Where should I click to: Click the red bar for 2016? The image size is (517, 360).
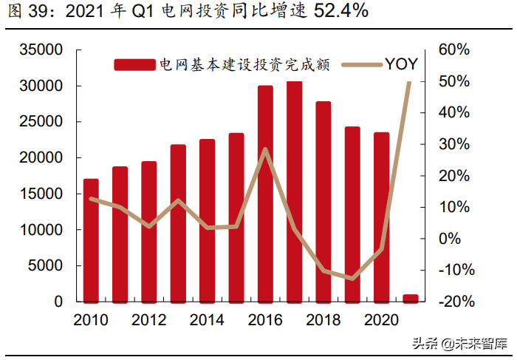(265, 194)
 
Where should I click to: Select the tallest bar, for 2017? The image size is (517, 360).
(294, 191)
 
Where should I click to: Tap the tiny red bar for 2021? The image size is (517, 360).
(410, 298)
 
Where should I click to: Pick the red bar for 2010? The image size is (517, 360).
(91, 240)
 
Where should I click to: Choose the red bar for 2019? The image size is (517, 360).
(352, 214)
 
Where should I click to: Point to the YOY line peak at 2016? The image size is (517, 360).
(265, 149)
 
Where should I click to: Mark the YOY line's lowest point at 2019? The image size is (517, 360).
(352, 279)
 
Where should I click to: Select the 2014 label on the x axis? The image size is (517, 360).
(207, 320)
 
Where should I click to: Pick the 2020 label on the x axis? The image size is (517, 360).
(381, 320)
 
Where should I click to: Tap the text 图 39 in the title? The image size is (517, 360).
(24, 13)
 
